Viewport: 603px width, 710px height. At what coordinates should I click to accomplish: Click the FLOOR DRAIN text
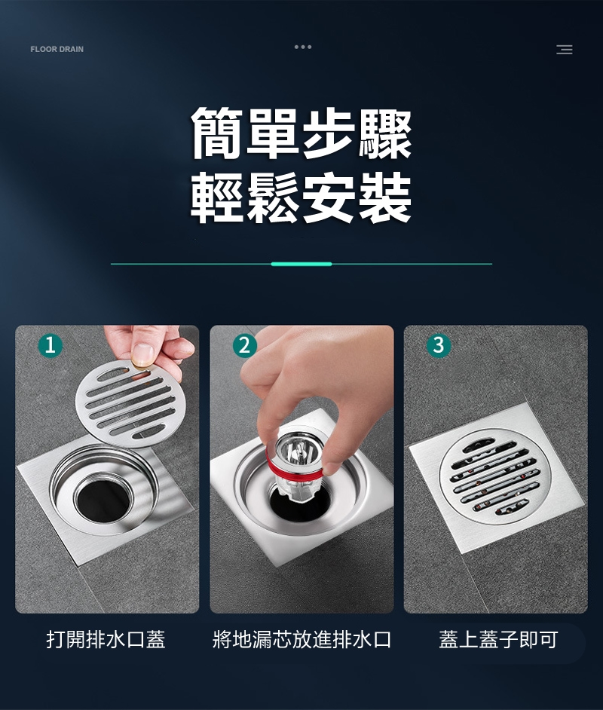tap(57, 49)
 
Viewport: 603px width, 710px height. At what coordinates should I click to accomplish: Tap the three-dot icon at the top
tap(303, 47)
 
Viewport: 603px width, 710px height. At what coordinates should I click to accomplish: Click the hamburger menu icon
tap(564, 49)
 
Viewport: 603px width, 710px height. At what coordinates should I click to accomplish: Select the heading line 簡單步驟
tap(301, 133)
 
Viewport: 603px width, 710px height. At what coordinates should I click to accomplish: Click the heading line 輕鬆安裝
tap(301, 197)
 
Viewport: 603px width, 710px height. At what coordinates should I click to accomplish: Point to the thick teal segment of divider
tap(301, 264)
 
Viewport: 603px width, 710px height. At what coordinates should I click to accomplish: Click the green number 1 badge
tap(51, 345)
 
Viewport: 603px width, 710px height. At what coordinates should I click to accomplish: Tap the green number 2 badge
tap(245, 345)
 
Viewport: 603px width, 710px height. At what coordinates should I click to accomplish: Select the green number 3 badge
tap(439, 345)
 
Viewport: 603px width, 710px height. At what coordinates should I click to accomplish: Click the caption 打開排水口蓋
tap(106, 639)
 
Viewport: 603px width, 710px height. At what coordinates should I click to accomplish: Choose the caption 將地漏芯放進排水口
tap(302, 639)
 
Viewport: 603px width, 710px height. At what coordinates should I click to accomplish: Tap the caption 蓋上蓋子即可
tap(498, 639)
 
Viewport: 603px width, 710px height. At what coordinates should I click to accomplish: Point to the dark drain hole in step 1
tap(104, 500)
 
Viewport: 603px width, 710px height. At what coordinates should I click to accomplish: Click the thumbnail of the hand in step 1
tap(144, 354)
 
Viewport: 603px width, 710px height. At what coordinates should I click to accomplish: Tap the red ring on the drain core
tap(294, 469)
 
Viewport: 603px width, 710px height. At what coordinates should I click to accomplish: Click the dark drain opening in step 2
tap(298, 503)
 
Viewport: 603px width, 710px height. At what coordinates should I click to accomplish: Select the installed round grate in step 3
tap(495, 476)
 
